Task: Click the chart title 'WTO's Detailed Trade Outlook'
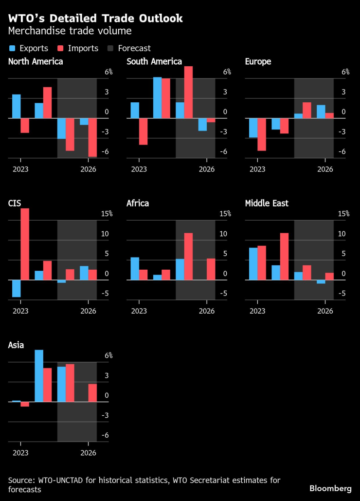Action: pyautogui.click(x=95, y=19)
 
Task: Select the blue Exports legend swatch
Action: pyautogui.click(x=12, y=48)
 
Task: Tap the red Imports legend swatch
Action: pyautogui.click(x=61, y=48)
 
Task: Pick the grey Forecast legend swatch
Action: pyautogui.click(x=110, y=48)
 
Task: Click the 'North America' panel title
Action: pyautogui.click(x=36, y=61)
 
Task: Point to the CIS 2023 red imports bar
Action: pyautogui.click(x=25, y=244)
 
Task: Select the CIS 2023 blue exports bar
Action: pyautogui.click(x=16, y=288)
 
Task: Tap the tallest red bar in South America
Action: pyautogui.click(x=188, y=92)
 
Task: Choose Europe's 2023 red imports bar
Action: pyautogui.click(x=262, y=134)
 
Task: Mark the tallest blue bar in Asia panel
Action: pyautogui.click(x=39, y=375)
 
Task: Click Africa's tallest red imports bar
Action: pyautogui.click(x=188, y=257)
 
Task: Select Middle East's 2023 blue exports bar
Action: pyautogui.click(x=253, y=264)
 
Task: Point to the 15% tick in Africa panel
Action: pyautogui.click(x=225, y=214)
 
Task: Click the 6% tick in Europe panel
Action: pyautogui.click(x=345, y=72)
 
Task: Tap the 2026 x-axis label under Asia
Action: pyautogui.click(x=88, y=452)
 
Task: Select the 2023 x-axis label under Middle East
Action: pyautogui.click(x=257, y=311)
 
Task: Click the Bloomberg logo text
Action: pyautogui.click(x=330, y=488)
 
